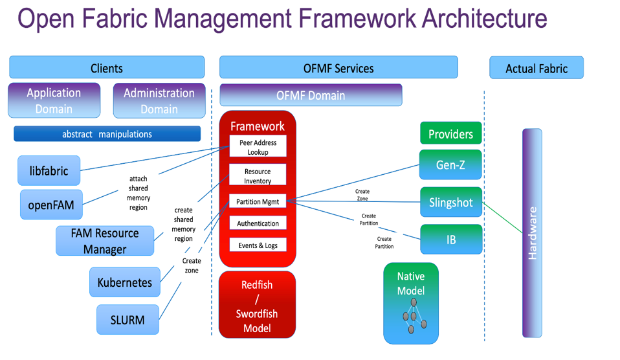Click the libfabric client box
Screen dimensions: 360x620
49,171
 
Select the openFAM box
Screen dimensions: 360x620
51,205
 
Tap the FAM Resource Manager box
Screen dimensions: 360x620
105,241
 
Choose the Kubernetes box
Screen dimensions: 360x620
125,282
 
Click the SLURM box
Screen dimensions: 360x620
127,320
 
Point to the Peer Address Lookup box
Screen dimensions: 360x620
258,147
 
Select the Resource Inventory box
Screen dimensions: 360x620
258,176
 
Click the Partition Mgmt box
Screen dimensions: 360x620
258,201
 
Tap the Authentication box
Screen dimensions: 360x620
258,223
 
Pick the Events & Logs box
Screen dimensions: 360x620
258,245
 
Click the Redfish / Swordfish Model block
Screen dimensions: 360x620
257,306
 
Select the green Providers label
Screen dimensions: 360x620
450,134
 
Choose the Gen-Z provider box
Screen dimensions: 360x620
450,164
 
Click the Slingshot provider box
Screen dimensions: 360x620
450,203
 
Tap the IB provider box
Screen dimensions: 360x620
450,240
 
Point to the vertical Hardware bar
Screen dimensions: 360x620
532,233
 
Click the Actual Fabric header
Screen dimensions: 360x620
536,68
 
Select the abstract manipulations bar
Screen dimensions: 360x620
107,134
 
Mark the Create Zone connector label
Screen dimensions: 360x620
362,195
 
